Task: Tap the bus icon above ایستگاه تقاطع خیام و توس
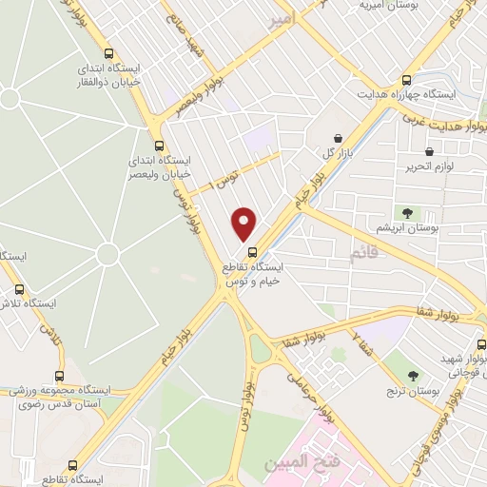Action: [x=252, y=252]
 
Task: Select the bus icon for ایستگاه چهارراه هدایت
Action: [x=407, y=81]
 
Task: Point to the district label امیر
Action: [x=282, y=17]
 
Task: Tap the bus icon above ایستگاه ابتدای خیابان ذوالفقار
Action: [x=109, y=54]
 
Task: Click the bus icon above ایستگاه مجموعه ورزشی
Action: [x=60, y=376]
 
